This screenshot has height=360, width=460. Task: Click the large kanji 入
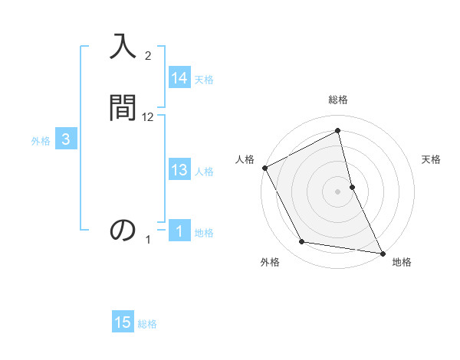(x=123, y=47)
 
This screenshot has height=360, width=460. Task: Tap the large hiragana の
(x=123, y=230)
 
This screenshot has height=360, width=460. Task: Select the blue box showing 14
(x=179, y=78)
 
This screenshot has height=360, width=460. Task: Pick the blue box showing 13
(x=179, y=171)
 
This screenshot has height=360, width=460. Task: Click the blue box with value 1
(x=179, y=231)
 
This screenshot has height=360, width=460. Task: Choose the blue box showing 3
(x=66, y=139)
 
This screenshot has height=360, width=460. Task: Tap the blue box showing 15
(x=123, y=322)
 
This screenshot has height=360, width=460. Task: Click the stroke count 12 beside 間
(x=148, y=117)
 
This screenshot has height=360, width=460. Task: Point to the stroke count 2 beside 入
(x=148, y=56)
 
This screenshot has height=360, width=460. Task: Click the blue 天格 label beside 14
(x=204, y=80)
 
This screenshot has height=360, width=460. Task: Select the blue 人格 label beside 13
(x=204, y=172)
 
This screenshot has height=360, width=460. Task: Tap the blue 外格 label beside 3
(x=41, y=141)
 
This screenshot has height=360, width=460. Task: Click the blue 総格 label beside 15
(x=147, y=324)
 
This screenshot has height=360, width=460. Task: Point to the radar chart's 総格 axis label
(x=338, y=100)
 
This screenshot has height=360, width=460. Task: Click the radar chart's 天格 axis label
(x=432, y=159)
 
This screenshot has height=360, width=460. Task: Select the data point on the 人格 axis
(x=265, y=168)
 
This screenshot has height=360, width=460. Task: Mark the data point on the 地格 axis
(x=382, y=252)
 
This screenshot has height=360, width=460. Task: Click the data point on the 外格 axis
(x=302, y=242)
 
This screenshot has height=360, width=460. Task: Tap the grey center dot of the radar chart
(x=338, y=191)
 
